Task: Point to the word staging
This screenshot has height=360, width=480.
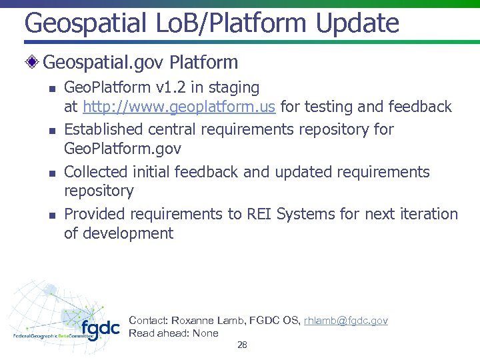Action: (233, 87)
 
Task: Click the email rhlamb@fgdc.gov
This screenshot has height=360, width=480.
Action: (345, 321)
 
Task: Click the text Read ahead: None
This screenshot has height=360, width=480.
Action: (173, 333)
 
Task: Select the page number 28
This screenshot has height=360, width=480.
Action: (242, 345)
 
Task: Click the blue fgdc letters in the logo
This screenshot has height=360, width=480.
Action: (100, 328)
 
